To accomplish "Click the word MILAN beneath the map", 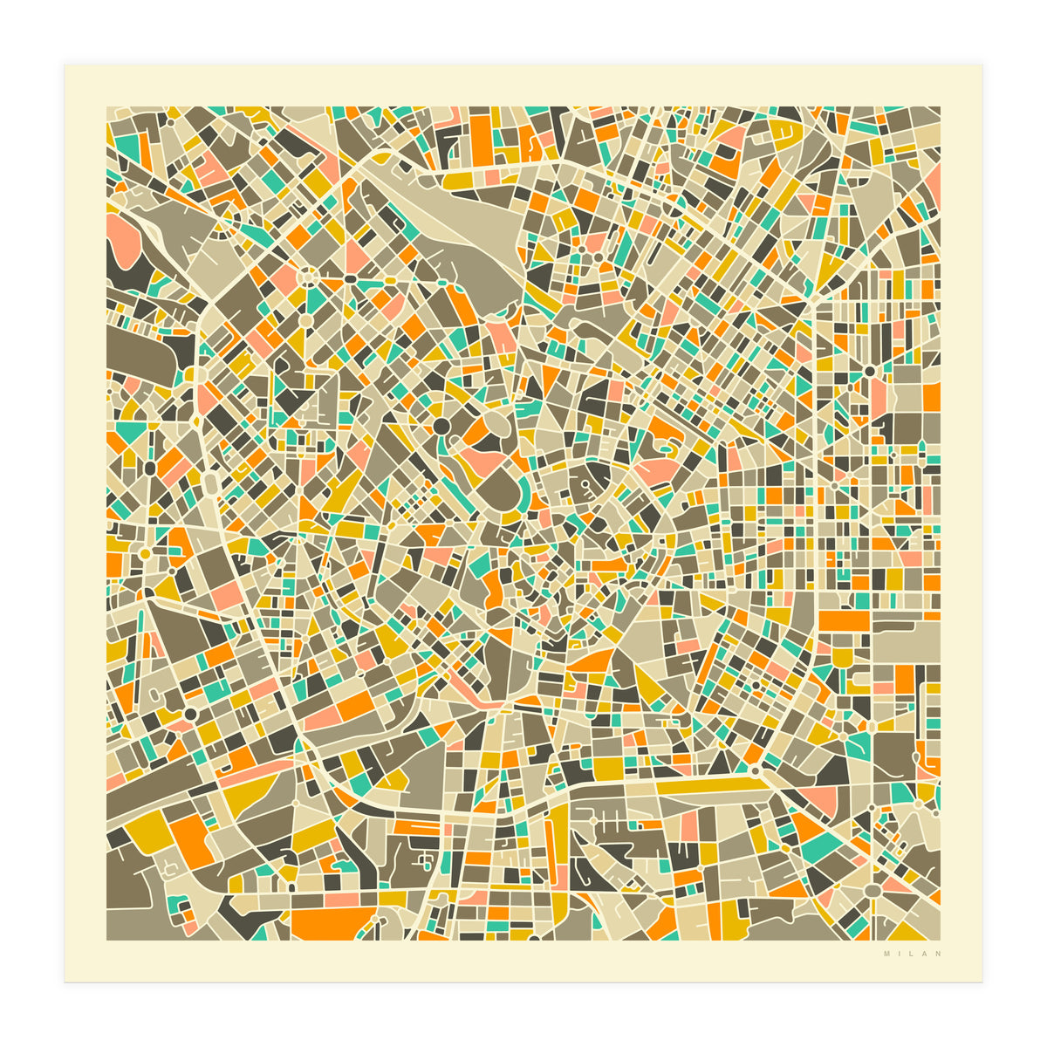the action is coord(913,954).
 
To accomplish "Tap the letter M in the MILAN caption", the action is coord(886,954).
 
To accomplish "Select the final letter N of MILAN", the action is coord(939,954).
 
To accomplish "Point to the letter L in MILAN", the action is coord(913,954).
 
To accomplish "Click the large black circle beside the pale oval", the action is coord(441,426).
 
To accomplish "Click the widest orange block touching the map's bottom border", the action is coord(327,921).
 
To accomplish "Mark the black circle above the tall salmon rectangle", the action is coord(870,372).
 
